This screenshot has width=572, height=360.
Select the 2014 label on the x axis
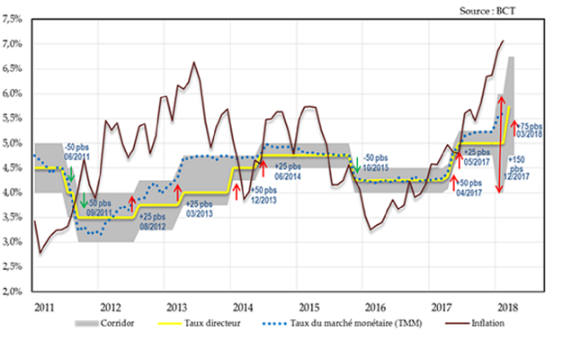(240, 306)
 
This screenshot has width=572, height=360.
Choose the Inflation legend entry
(487, 322)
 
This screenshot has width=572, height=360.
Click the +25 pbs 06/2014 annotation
(293, 172)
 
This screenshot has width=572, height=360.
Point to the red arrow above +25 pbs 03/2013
(177, 192)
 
